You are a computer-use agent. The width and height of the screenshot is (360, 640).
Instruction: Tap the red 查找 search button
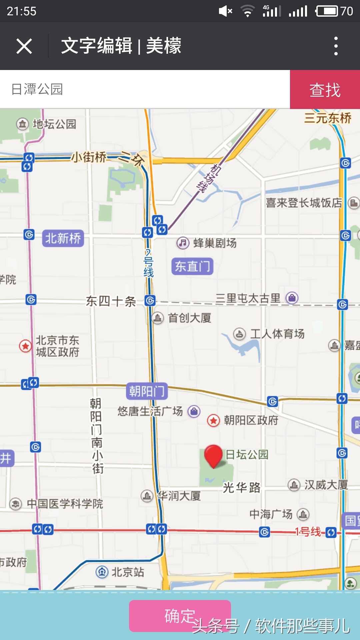(x=325, y=89)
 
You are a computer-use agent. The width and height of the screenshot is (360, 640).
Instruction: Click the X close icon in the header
(x=24, y=46)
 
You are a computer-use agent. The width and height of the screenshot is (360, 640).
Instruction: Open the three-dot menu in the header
(x=336, y=46)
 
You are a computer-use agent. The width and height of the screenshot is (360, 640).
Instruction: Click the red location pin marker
(x=213, y=455)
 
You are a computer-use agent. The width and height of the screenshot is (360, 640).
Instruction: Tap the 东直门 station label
(x=192, y=266)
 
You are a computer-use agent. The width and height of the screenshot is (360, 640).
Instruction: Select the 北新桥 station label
(x=63, y=238)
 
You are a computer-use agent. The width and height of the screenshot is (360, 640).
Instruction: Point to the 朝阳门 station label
(x=147, y=391)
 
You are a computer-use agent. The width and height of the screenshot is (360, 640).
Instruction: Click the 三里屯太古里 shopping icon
(x=292, y=298)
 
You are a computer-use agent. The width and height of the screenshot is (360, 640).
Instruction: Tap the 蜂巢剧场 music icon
(x=183, y=243)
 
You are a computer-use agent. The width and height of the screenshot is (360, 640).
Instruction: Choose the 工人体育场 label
(x=277, y=334)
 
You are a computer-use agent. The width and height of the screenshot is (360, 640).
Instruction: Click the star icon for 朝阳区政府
(x=213, y=420)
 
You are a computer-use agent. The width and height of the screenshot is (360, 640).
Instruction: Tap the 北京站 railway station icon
(x=102, y=572)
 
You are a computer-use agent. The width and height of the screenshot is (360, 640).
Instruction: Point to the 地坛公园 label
(x=54, y=124)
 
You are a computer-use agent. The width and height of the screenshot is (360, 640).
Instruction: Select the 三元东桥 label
(x=328, y=118)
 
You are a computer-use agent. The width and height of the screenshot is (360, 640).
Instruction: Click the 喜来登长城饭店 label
(x=304, y=203)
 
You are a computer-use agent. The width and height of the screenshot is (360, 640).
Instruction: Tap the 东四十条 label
(x=111, y=301)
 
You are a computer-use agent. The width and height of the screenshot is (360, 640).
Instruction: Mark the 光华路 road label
(x=242, y=488)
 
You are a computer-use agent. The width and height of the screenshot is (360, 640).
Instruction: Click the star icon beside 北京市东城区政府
(x=25, y=346)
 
